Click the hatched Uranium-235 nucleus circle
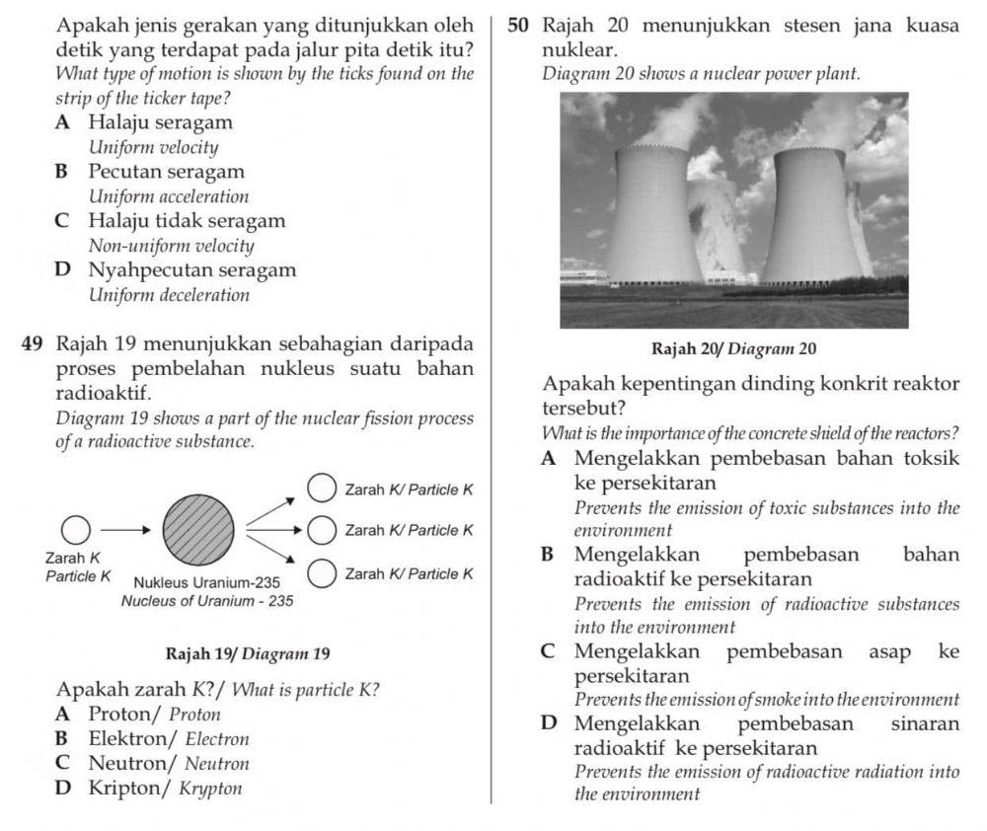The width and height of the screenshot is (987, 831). tap(198, 529)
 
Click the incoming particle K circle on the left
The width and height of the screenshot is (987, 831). tap(77, 530)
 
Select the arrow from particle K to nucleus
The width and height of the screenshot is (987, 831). tap(126, 530)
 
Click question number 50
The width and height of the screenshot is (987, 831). tap(518, 27)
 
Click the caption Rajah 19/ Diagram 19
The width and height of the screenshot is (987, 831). tap(248, 653)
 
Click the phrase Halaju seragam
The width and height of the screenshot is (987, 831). tap(161, 123)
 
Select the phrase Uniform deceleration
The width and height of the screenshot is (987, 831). tap(169, 295)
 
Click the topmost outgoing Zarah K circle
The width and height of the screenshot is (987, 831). tap(321, 488)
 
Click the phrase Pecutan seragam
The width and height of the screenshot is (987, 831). tap(166, 172)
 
